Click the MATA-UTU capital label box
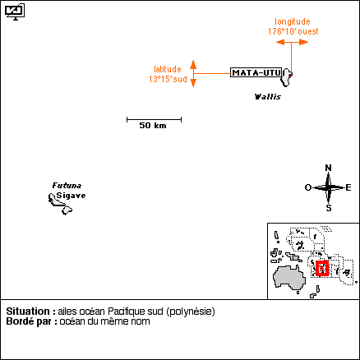click(x=256, y=72)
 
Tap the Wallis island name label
click(x=268, y=97)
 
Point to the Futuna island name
click(x=67, y=186)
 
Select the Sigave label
click(x=71, y=196)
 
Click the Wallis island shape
click(x=286, y=77)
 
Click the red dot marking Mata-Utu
click(x=291, y=74)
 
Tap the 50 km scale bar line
click(x=154, y=119)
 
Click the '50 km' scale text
click(x=153, y=126)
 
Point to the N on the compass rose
click(x=328, y=168)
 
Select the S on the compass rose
click(x=329, y=208)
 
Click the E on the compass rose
click(x=348, y=187)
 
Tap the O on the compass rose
click(x=308, y=187)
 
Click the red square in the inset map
click(x=322, y=268)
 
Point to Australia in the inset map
click(x=289, y=277)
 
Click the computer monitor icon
click(x=15, y=12)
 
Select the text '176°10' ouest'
click(x=293, y=31)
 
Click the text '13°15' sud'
click(x=168, y=79)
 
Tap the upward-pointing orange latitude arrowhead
click(x=193, y=64)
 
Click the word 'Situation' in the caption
click(x=28, y=312)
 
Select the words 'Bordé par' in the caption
click(x=29, y=321)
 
